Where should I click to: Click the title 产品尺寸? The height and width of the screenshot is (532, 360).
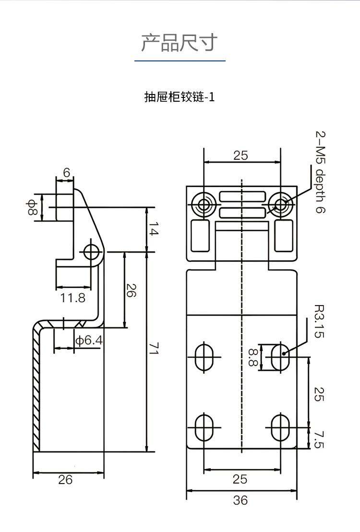click(180, 43)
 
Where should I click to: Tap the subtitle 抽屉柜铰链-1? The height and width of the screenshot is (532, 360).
click(180, 97)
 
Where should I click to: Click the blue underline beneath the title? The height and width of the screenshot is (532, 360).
click(180, 61)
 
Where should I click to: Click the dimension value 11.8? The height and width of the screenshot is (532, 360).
click(73, 297)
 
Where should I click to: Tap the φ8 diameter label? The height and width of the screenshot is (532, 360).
click(32, 207)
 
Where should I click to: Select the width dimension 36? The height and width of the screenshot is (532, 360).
click(240, 500)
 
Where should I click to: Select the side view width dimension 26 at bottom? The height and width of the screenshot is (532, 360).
click(65, 479)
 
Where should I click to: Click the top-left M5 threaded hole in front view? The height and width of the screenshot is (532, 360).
click(204, 205)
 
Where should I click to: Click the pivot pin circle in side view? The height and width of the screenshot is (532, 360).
click(91, 251)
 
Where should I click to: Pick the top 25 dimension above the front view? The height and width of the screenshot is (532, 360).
click(240, 155)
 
